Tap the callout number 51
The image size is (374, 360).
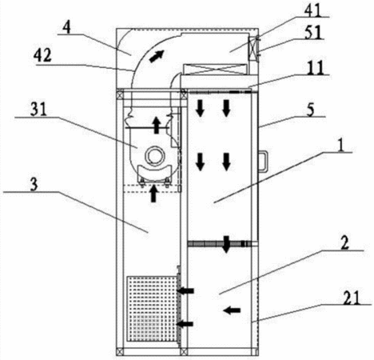313,32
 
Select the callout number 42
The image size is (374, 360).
42,56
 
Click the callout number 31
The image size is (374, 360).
39,109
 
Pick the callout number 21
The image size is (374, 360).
352,298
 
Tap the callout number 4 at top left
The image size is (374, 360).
67,26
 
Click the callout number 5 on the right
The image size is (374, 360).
310,110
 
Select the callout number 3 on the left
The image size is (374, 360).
34,184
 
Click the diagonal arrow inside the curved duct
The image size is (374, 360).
156,56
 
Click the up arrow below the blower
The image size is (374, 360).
153,194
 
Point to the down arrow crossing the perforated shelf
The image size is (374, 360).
226,244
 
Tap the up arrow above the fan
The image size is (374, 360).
157,126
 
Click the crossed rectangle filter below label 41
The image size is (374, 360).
215,69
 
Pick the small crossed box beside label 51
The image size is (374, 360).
253,48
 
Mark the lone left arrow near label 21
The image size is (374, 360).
232,310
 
